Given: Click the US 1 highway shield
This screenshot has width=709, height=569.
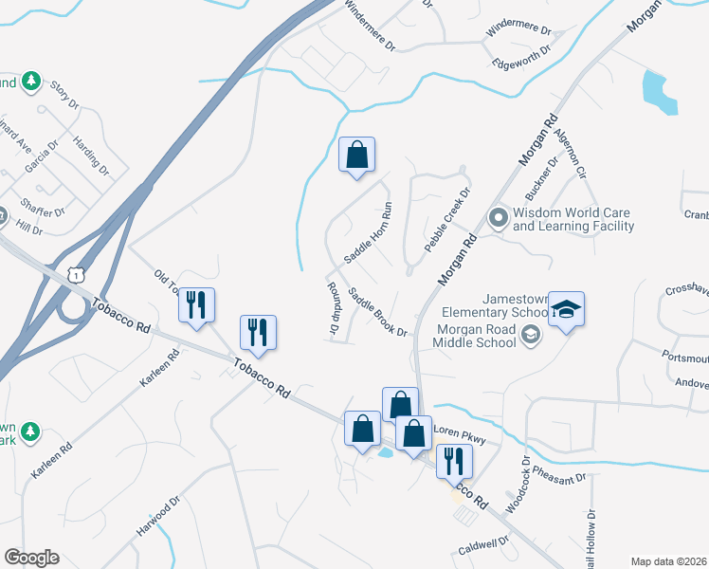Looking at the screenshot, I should point(77,274).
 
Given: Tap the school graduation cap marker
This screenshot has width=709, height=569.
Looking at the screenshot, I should point(566,309).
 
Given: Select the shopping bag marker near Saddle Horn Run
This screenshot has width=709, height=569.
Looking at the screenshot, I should point(356,155).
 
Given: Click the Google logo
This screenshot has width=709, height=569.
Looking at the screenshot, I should point(31,557).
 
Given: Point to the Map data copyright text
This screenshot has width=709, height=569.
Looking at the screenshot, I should point(669,561).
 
